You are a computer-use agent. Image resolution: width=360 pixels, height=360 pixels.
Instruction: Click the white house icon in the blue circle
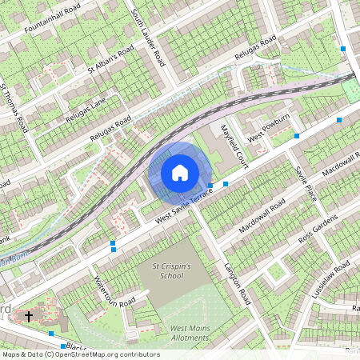click(180, 172)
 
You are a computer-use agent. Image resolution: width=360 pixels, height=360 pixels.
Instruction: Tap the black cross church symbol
click(29, 316)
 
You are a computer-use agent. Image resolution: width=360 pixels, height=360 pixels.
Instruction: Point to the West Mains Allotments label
click(189, 334)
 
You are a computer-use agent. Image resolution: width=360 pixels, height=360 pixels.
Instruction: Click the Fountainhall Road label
click(52, 19)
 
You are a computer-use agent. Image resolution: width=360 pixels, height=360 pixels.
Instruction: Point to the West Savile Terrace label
click(184, 206)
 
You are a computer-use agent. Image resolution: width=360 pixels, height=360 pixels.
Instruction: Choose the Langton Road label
click(237, 286)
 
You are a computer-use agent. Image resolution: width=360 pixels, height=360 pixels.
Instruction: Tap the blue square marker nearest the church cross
click(51, 333)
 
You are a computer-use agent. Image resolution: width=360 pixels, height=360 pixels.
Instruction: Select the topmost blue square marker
click(343, 49)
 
